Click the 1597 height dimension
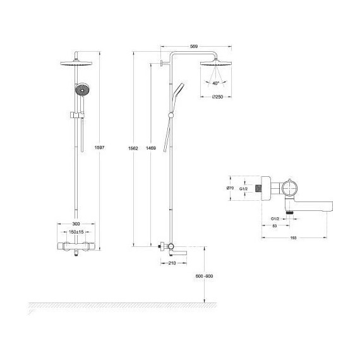(99, 147)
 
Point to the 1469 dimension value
(149, 147)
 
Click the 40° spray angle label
(216, 83)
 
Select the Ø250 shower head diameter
(216, 97)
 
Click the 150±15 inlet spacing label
(76, 232)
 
